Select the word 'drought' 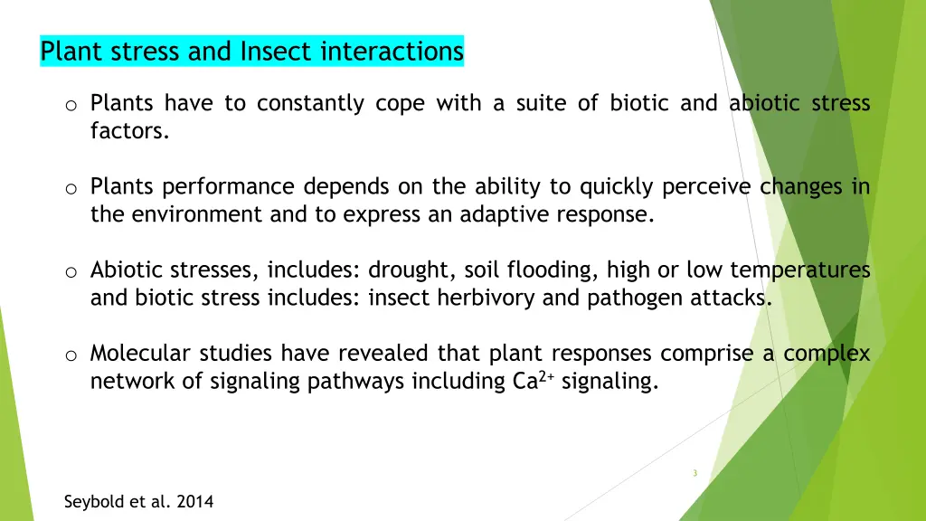413,270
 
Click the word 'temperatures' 800,270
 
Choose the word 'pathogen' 630,298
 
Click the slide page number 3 694,473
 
